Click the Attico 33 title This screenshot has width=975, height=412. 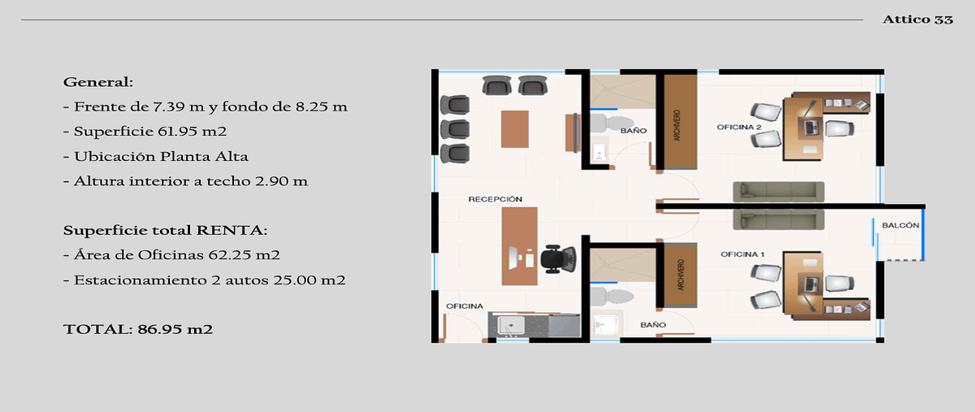[917, 20]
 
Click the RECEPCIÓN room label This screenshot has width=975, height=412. [495, 199]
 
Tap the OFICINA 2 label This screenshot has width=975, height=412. [739, 127]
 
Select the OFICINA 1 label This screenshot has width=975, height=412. [743, 254]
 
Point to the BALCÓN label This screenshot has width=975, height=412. [900, 225]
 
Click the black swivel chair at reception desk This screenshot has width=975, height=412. [558, 259]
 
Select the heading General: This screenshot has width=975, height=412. [98, 82]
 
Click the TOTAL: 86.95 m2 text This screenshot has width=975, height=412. [138, 329]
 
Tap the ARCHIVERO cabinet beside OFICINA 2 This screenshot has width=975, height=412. [680, 122]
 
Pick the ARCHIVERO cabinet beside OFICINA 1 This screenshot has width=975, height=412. [680, 275]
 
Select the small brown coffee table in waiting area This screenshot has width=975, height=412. [515, 129]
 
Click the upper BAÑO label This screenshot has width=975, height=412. [633, 131]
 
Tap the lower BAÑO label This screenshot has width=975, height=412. [653, 325]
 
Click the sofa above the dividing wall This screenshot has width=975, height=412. [778, 192]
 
